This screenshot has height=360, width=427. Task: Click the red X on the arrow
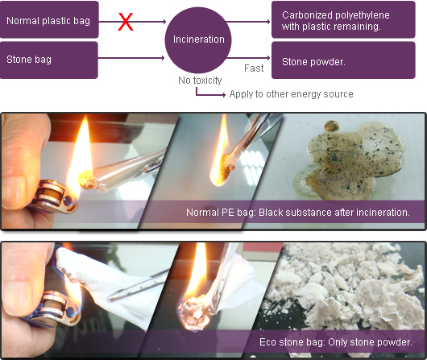click(126, 22)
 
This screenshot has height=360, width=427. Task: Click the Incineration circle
click(198, 39)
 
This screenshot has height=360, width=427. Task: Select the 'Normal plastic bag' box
click(49, 19)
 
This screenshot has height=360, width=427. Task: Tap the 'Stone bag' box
click(49, 60)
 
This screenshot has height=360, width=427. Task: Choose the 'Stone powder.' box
click(343, 60)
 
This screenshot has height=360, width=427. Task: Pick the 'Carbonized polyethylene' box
click(343, 19)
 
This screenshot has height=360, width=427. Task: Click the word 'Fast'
click(254, 68)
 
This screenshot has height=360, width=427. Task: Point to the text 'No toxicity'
click(200, 81)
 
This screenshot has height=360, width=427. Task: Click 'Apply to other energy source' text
click(291, 94)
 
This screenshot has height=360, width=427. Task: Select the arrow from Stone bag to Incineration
click(131, 58)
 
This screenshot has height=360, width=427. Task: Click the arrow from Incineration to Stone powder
click(248, 58)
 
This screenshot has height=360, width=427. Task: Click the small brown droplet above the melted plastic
click(331, 126)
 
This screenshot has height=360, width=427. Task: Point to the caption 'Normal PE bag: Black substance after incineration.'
click(298, 213)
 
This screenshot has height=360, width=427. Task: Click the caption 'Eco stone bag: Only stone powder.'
click(336, 342)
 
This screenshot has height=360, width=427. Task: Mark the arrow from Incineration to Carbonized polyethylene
click(248, 22)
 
